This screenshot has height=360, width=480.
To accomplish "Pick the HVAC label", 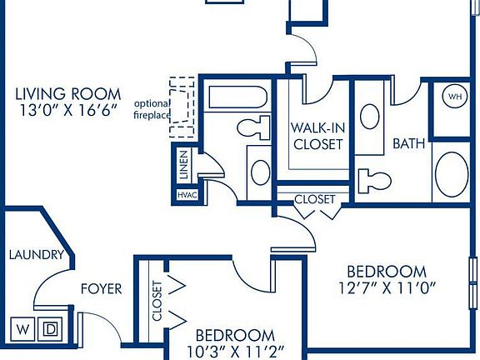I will (x=185, y=194).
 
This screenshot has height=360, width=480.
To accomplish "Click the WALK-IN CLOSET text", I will (x=317, y=136).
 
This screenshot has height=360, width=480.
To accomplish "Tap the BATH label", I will (x=409, y=143).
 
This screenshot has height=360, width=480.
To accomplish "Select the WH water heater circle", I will (x=455, y=96).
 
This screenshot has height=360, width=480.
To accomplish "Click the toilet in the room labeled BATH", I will (x=374, y=181).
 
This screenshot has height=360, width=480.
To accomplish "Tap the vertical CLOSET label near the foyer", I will (x=157, y=301).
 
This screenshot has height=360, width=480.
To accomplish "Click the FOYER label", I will (x=101, y=289).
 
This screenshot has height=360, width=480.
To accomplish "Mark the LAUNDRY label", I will (x=36, y=255).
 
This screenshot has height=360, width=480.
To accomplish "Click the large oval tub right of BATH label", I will (x=452, y=176).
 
